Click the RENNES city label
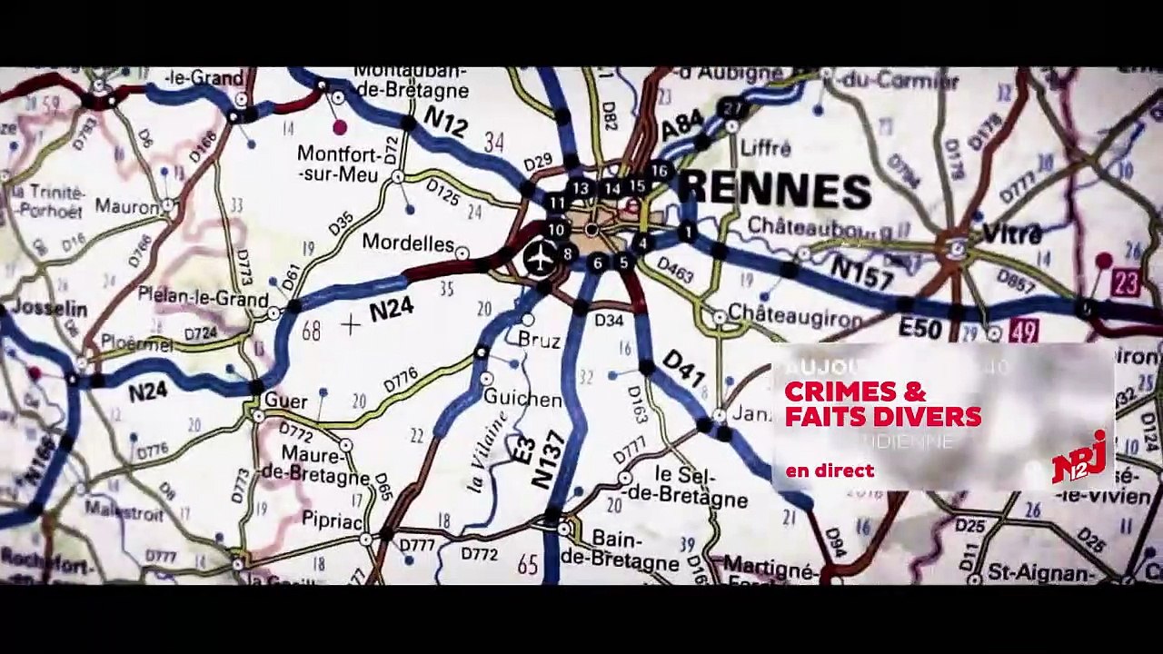(x=777, y=189)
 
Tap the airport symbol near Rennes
(x=540, y=258)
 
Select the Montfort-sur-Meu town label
(x=338, y=164)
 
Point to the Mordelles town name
(x=408, y=243)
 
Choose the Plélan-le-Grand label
(x=203, y=297)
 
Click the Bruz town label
(x=539, y=340)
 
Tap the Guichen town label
(x=522, y=399)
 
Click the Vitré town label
(x=1011, y=234)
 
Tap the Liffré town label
(x=766, y=147)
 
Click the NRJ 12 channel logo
(x=1079, y=458)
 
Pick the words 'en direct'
(x=830, y=471)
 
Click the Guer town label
(x=285, y=401)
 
